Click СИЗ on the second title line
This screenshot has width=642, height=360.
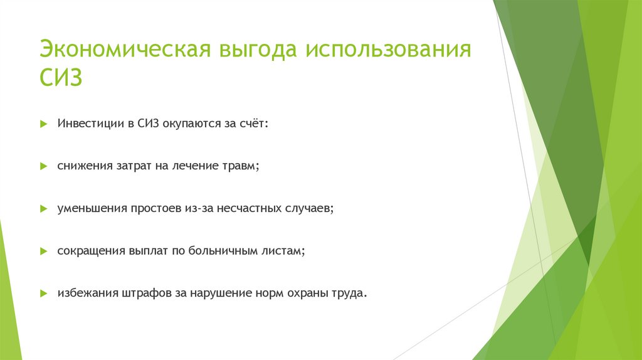click(x=61, y=80)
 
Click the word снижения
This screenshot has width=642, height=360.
click(x=84, y=166)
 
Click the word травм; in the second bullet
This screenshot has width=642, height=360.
click(x=241, y=166)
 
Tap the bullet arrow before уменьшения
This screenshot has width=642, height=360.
click(x=43, y=208)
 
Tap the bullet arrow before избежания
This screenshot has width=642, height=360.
click(x=43, y=293)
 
